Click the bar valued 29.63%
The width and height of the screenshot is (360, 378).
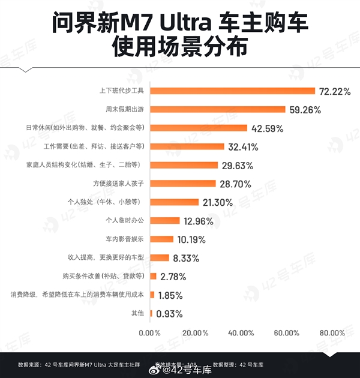(x=184, y=165)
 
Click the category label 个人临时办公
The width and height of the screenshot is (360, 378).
(x=124, y=221)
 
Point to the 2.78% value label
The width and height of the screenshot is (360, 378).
(x=173, y=277)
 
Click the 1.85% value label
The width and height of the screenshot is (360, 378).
(x=170, y=295)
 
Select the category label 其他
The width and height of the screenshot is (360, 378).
(x=137, y=314)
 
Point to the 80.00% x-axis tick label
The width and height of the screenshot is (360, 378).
(x=332, y=333)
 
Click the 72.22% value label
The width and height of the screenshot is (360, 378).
(x=335, y=91)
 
